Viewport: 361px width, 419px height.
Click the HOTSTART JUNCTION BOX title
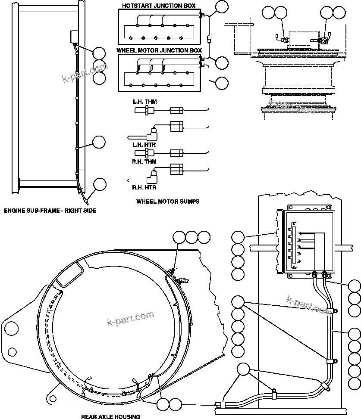158,6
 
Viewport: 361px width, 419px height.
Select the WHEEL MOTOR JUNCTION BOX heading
159,50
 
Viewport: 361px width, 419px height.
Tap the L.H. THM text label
144,102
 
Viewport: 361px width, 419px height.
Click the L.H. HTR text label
144,145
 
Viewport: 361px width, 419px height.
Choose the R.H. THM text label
144,161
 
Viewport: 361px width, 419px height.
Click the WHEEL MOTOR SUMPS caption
168,202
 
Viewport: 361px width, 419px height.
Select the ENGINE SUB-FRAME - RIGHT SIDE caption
50,211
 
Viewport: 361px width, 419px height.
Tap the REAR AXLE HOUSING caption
110,416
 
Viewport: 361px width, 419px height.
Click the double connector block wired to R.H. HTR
177,169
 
